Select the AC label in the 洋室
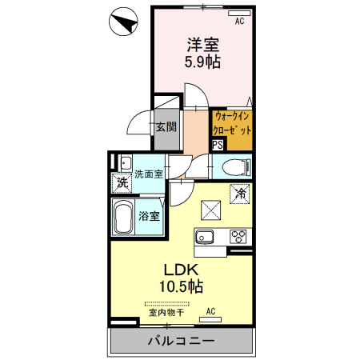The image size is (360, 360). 238,22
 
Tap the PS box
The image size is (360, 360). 218,145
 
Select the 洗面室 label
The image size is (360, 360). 147,174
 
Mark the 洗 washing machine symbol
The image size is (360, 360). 122,182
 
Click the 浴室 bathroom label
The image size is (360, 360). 149,215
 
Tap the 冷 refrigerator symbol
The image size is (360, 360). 240,193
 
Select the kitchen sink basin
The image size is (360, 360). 204,236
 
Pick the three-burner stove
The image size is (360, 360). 240,236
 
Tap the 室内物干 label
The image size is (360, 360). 166,313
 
